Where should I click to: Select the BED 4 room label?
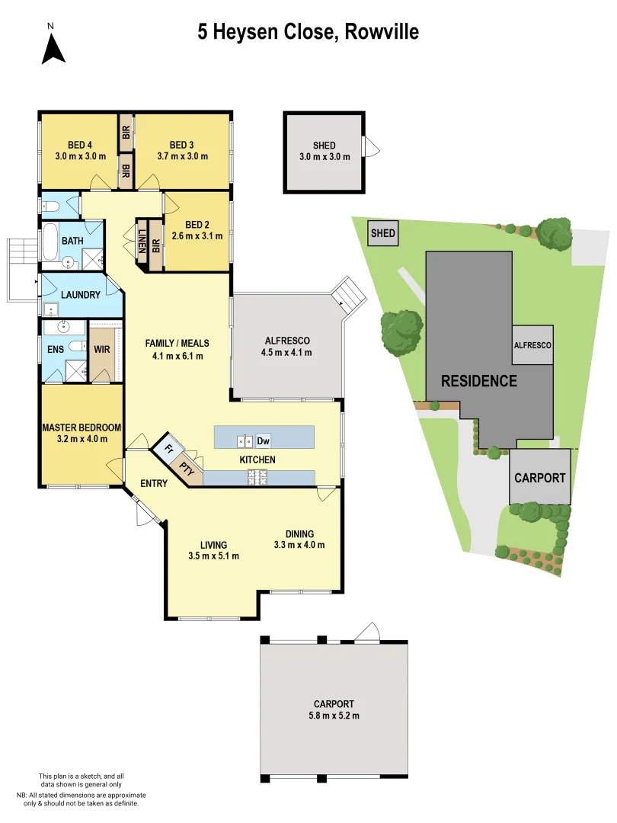[x=79, y=145]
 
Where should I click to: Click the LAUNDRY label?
[x=80, y=295]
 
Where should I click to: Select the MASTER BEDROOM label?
[x=82, y=428]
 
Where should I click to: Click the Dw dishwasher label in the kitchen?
[x=263, y=440]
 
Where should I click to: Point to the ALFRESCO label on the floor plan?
[x=286, y=341]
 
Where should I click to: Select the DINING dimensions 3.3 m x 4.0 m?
[x=299, y=545]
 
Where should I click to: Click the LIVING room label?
[x=213, y=545]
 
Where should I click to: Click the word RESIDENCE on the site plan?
[x=478, y=381]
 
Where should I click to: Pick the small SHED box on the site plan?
[x=383, y=233]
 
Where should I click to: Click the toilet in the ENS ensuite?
[x=76, y=346]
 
